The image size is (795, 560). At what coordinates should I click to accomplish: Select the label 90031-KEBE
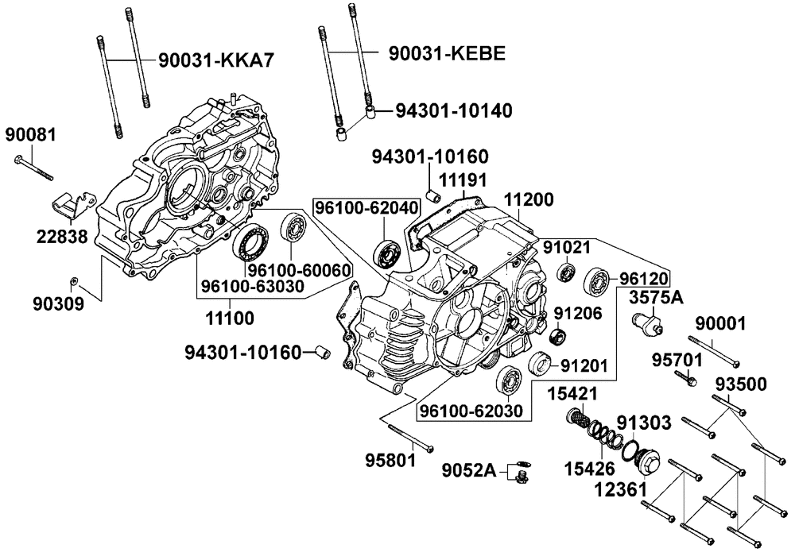click(448, 53)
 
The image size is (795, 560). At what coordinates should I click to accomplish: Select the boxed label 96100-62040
click(365, 208)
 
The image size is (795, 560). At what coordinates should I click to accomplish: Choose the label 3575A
click(655, 298)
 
